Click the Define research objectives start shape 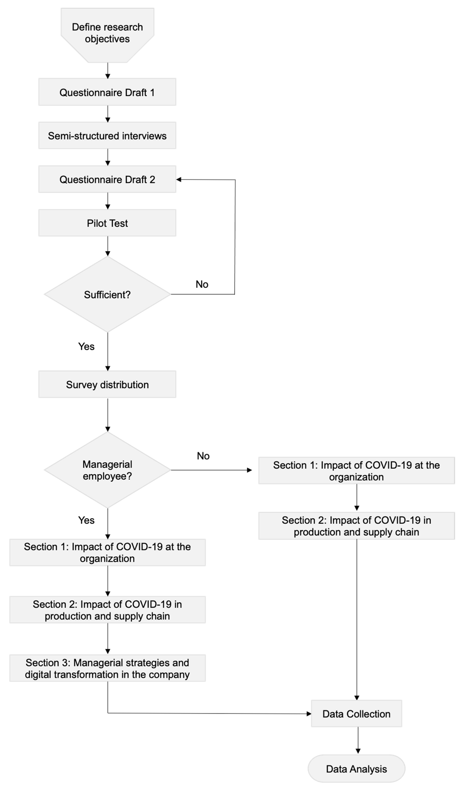(107, 33)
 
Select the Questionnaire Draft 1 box (107, 92)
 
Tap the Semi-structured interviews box (107, 136)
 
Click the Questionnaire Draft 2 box (107, 179)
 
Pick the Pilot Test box (107, 223)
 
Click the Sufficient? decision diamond (107, 295)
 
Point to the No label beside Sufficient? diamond (202, 284)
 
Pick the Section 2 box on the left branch (107, 610)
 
